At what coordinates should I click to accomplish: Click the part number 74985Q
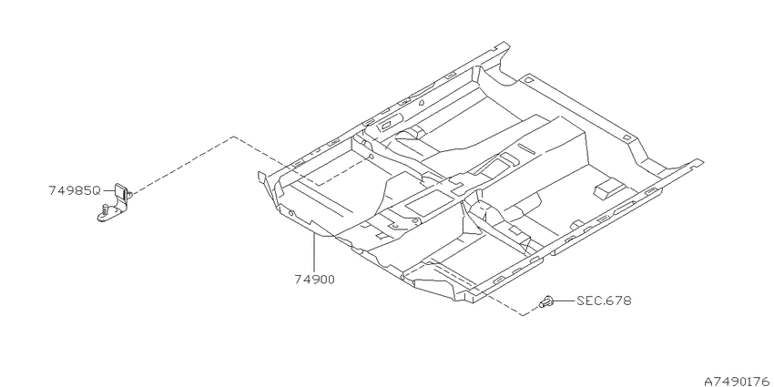(x=75, y=190)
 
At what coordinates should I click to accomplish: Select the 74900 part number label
(x=314, y=280)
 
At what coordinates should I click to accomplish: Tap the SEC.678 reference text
(x=604, y=300)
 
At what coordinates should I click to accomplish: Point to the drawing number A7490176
(x=738, y=381)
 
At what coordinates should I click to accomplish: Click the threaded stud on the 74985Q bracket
(x=105, y=210)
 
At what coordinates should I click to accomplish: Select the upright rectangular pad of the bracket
(x=121, y=190)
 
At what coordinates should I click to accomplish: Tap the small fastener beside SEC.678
(x=545, y=301)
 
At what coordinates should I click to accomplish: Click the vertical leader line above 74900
(x=314, y=253)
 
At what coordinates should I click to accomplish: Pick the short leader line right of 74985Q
(x=108, y=190)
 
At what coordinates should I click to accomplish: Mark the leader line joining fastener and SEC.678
(x=564, y=300)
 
